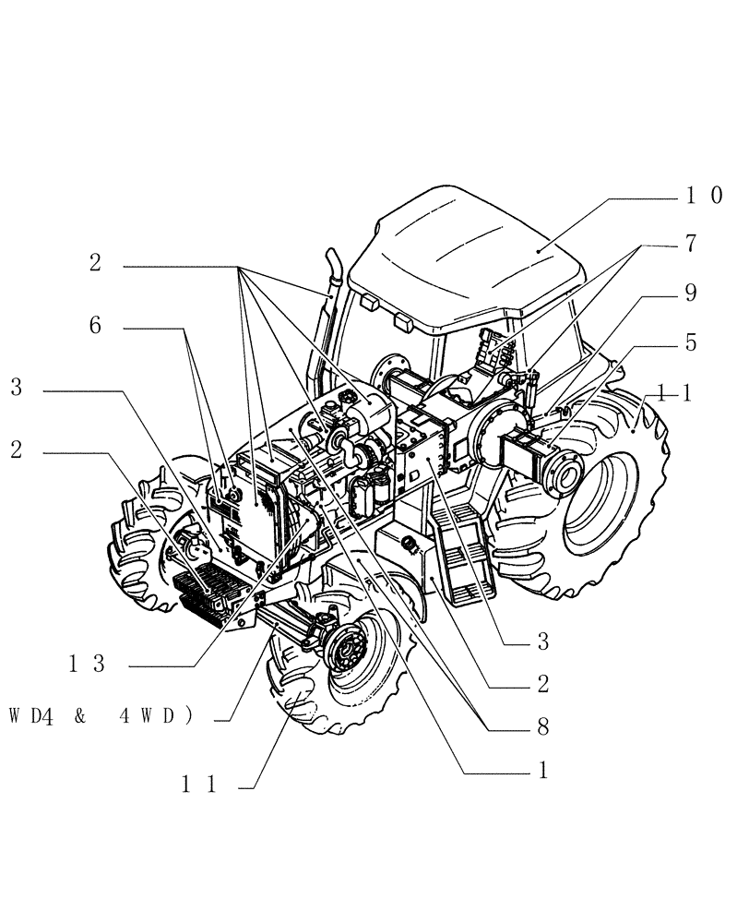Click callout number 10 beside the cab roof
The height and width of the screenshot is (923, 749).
tap(703, 196)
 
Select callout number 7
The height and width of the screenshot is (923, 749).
tap(691, 245)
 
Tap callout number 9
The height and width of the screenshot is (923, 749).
tap(691, 294)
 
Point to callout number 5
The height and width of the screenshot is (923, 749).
tap(691, 342)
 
